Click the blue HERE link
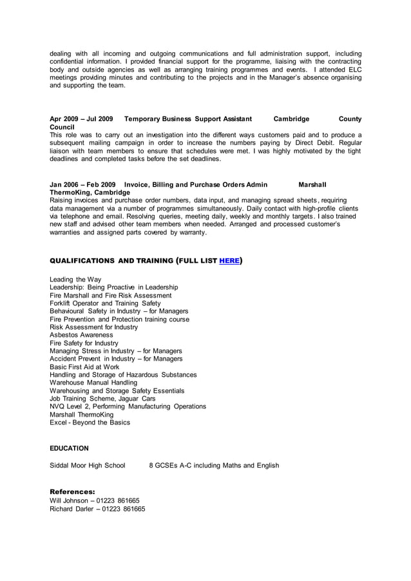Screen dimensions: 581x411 pos(229,261)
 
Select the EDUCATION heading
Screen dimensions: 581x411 pos(69,448)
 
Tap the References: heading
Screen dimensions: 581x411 pos(72,491)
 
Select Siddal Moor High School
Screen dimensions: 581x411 pos(88,465)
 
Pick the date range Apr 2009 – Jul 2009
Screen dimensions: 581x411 pos(81,119)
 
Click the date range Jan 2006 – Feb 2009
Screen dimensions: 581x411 pos(82,185)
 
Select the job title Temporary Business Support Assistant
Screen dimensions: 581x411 pos(187,119)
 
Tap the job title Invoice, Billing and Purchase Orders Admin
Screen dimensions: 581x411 pos(195,185)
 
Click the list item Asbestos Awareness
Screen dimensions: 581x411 pos(81,335)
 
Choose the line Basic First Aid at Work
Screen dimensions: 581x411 pos(84,367)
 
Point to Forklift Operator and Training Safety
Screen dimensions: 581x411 pos(105,303)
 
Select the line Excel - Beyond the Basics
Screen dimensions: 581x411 pos(90,423)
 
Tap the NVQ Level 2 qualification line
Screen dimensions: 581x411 pos(128,406)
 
